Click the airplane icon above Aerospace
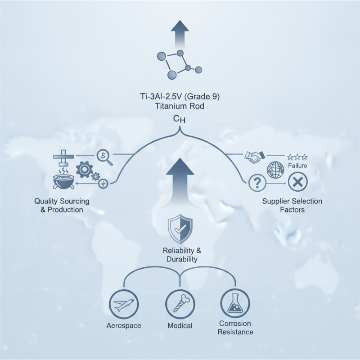124,304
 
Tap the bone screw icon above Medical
180,304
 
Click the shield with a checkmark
180,229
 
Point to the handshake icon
255,157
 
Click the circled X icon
298,183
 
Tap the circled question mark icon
257,183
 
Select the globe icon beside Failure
275,170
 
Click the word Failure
297,166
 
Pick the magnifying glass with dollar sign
104,157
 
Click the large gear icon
84,170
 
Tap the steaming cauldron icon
63,180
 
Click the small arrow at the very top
180,35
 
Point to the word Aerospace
124,325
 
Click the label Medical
180,325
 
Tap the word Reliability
178,251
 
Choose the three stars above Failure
297,157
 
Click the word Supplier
274,201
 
